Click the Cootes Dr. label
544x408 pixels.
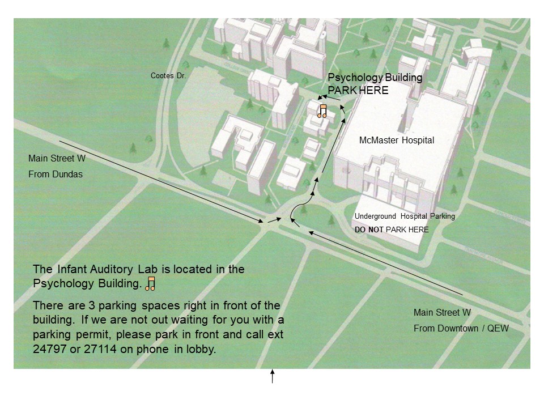(x=168, y=75)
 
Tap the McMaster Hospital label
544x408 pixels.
(x=397, y=141)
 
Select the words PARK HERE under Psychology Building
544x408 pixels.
(x=358, y=90)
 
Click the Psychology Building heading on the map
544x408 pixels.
(x=375, y=78)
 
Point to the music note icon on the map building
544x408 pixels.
(x=322, y=111)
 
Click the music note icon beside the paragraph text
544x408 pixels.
(x=151, y=284)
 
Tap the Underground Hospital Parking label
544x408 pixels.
(x=405, y=216)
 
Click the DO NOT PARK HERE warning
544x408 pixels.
(x=392, y=229)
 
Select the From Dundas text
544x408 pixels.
(x=56, y=174)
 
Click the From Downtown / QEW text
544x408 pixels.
(x=461, y=328)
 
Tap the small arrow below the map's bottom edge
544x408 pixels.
(x=273, y=376)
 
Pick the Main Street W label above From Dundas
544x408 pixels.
(x=57, y=159)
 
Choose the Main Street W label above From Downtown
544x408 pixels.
(x=442, y=312)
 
